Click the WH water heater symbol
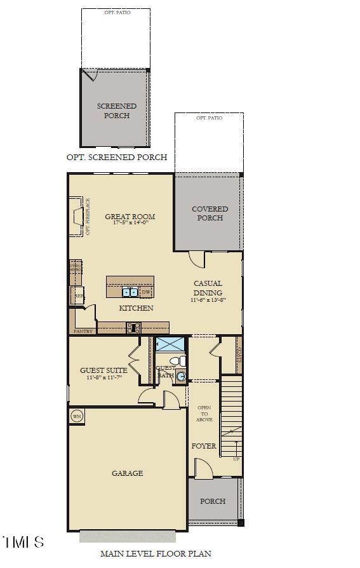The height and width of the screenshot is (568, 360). coord(77,416)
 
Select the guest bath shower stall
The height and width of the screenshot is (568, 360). coord(170,345)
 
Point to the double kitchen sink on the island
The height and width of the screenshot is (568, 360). coord(130,292)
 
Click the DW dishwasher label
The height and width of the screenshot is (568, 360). coord(145,292)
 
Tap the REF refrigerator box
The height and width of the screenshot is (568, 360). coord(78,296)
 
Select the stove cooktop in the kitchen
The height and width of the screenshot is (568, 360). coord(133,328)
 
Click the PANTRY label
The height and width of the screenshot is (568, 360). coord(83,331)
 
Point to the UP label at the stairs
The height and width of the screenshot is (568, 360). coord(236,458)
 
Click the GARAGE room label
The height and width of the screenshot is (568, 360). coord(127,473)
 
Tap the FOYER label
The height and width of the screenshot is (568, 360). coord(204,446)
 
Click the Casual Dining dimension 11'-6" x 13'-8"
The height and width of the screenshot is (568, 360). coord(208,300)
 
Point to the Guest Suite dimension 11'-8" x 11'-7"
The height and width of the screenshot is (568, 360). coord(103,378)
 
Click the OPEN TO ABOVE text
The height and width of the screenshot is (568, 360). coord(204,414)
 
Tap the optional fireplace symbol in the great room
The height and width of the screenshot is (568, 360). coord(77,216)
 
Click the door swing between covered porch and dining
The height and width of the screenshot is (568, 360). coord(197,259)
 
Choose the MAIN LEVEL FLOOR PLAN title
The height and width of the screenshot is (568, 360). coord(156,554)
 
